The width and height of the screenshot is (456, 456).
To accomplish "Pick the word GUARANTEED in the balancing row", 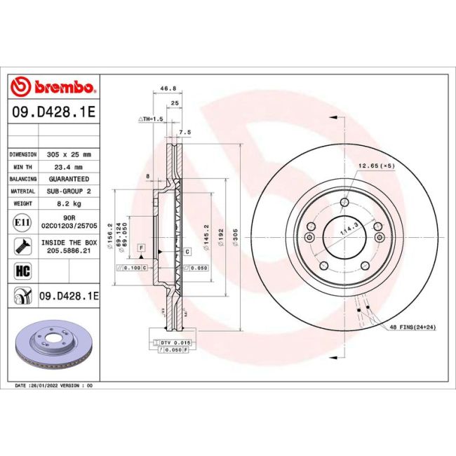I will [74, 179].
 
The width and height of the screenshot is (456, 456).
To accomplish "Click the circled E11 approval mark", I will [21, 222].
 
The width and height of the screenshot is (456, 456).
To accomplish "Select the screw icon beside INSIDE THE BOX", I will [21, 246].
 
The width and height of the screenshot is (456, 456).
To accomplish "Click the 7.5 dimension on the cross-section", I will [185, 132].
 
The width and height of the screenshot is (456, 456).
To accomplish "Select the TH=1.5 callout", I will [150, 120].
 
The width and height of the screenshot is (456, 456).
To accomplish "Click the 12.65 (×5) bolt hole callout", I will [377, 166].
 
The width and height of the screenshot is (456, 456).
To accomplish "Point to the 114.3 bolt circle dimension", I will [344, 231].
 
